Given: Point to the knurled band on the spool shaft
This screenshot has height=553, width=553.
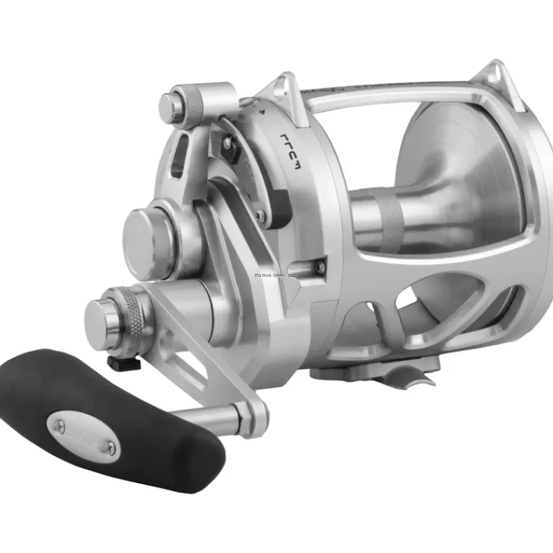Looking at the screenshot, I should (x=387, y=220).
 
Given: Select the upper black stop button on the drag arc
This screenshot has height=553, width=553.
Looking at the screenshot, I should (x=228, y=142).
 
